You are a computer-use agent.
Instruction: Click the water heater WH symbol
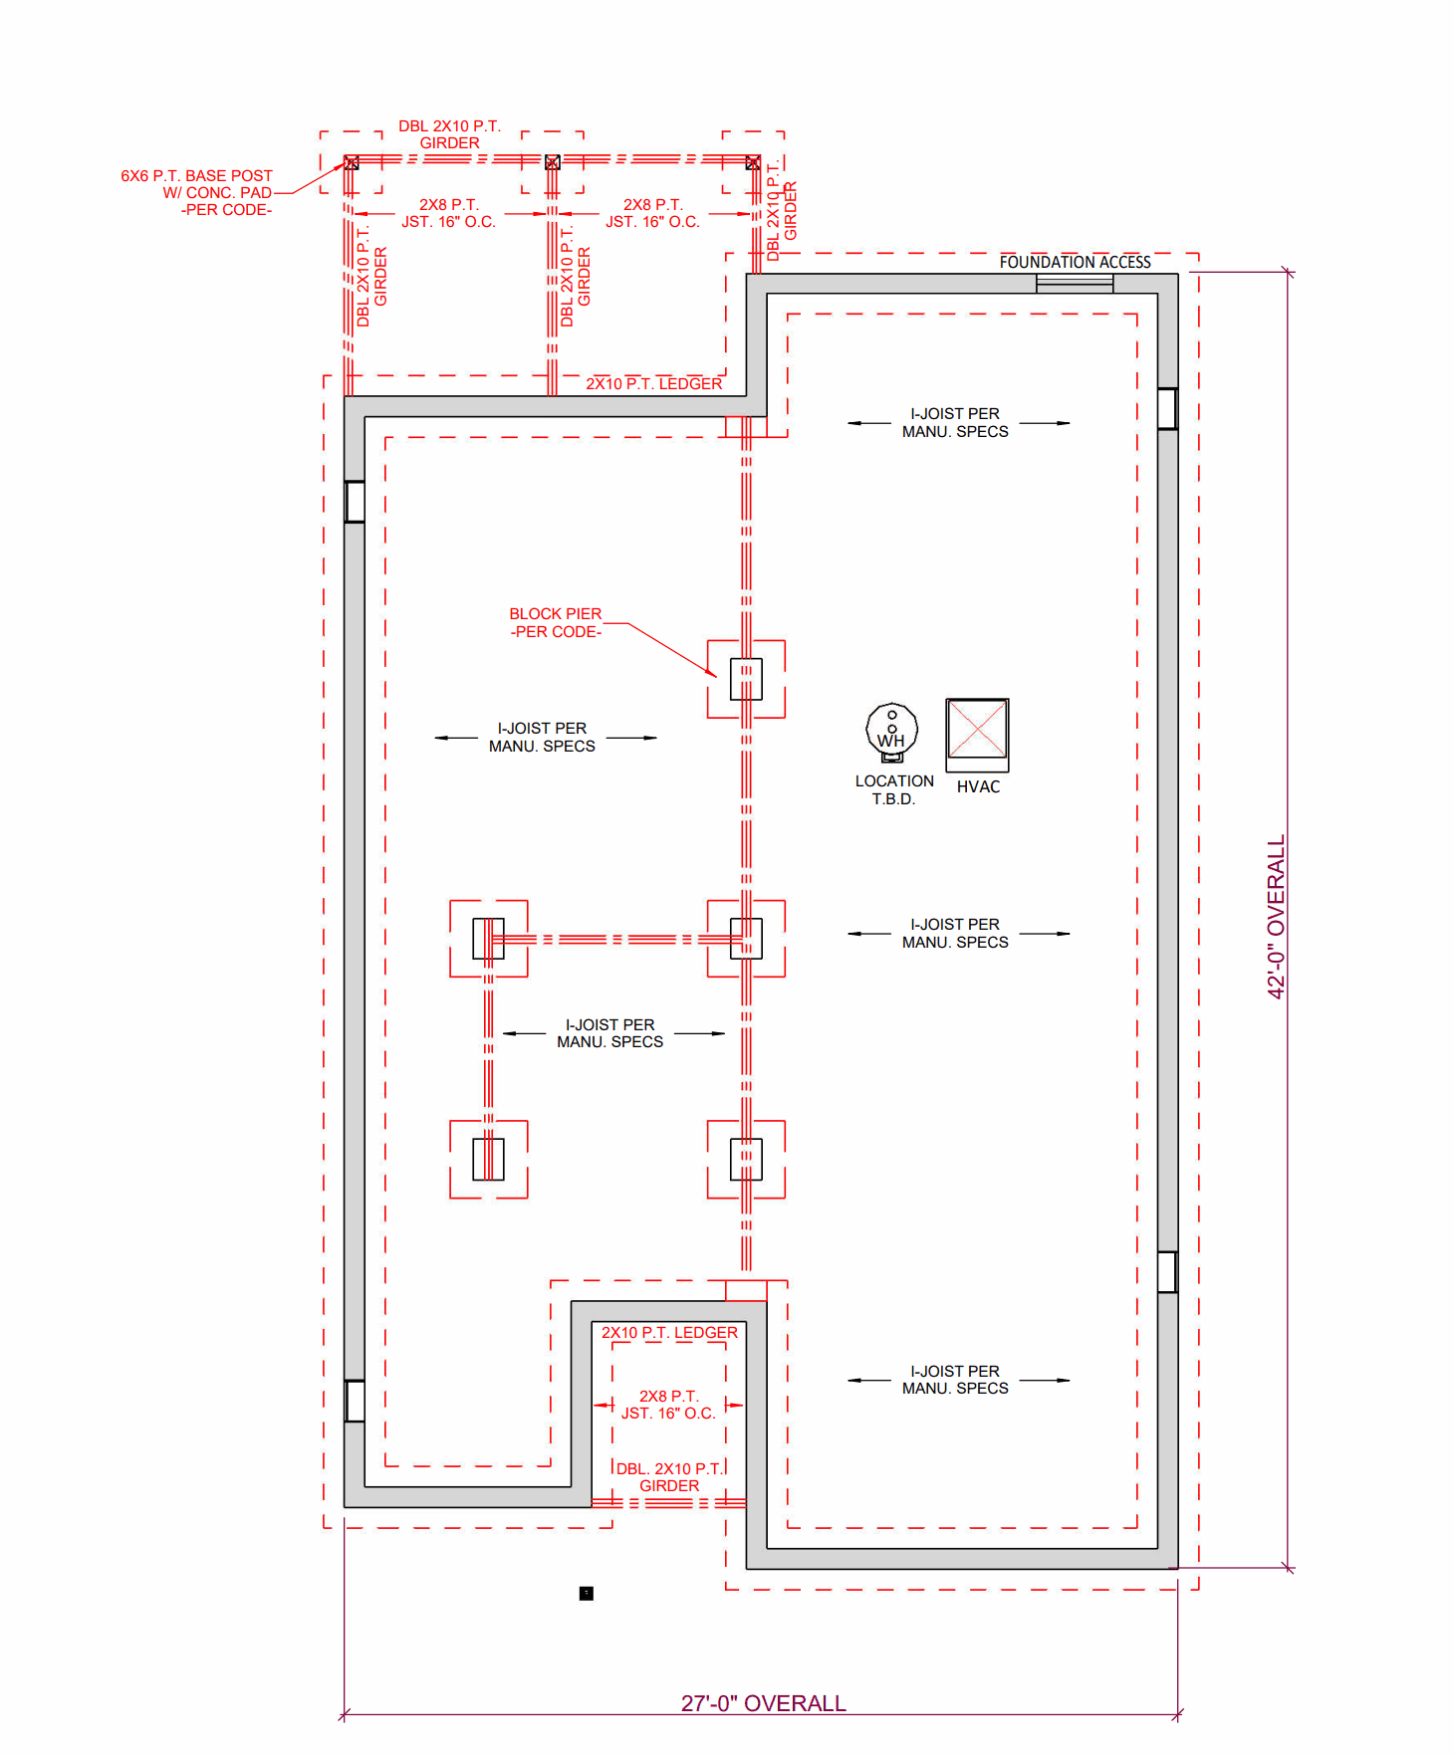[891, 732]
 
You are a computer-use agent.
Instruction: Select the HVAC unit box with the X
[977, 730]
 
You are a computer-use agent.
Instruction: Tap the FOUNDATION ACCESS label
[1075, 262]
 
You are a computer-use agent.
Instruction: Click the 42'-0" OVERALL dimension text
[1276, 916]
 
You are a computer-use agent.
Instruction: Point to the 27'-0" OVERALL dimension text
[763, 1703]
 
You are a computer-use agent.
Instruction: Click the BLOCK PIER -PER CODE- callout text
[556, 623]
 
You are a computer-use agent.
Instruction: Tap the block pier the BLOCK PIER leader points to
[746, 679]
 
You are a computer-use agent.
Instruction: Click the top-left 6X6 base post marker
[352, 162]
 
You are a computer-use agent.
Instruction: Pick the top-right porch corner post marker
[753, 162]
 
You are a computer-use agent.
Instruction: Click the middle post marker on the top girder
[553, 162]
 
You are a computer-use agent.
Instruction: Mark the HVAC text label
[978, 786]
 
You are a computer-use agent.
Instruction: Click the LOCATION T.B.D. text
[893, 790]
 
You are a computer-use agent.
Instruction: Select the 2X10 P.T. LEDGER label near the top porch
[653, 384]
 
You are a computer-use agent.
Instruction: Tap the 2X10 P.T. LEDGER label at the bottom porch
[669, 1333]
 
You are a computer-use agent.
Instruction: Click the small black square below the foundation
[587, 1594]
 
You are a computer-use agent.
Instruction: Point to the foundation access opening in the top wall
[1075, 284]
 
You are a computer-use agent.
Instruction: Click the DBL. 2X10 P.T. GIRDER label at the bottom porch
[669, 1477]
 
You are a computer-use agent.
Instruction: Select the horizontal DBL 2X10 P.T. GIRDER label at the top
[449, 134]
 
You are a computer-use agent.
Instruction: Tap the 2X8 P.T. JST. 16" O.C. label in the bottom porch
[668, 1405]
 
